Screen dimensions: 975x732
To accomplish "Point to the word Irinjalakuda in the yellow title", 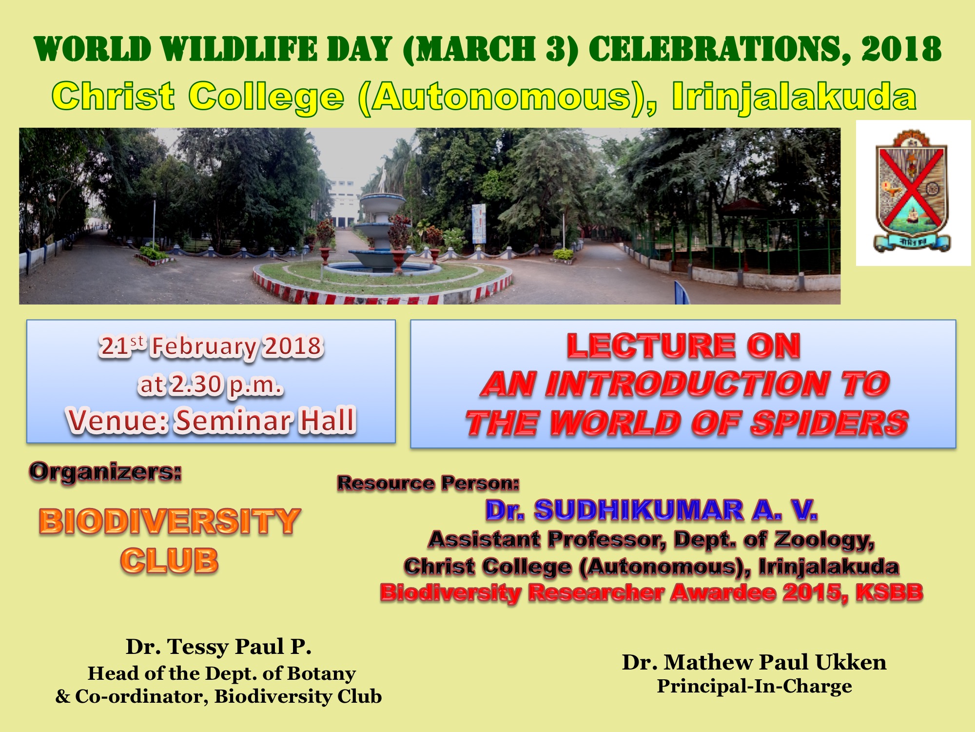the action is [794, 97].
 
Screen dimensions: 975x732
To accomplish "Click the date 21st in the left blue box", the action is [122, 346].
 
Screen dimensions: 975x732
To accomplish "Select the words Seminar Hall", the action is [265, 420].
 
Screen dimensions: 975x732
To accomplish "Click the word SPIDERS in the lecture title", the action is [829, 423].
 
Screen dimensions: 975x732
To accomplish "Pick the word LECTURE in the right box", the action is [651, 346].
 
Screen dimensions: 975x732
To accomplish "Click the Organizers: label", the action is [105, 472].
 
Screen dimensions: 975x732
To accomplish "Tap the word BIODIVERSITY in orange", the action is [170, 521].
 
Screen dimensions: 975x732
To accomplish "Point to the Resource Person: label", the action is [428, 483].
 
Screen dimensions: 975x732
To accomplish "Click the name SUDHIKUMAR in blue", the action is [639, 510].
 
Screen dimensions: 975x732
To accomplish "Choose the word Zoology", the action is [824, 540].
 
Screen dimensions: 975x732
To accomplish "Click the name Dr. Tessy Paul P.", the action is [218, 647].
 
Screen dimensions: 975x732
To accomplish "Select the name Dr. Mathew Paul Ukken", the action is [754, 662].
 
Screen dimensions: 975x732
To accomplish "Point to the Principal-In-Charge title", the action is [755, 686].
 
